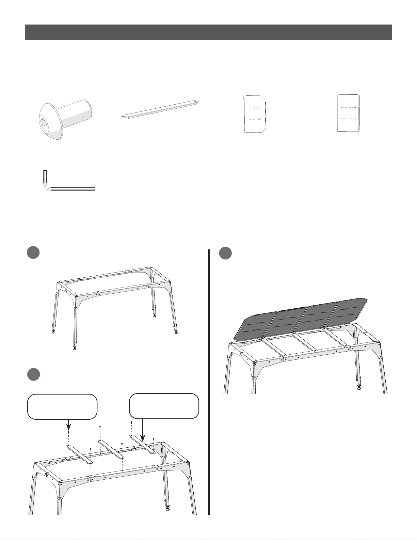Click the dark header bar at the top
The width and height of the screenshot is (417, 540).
[x=208, y=32]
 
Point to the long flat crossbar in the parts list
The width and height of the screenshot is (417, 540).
[x=160, y=109]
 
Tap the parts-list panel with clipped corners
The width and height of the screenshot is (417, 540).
[x=255, y=114]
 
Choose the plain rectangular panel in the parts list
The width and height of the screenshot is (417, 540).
[x=348, y=113]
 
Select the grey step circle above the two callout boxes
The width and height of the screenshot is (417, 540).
[x=34, y=374]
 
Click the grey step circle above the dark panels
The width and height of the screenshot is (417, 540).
[x=225, y=253]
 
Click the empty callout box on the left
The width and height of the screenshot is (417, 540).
[x=62, y=406]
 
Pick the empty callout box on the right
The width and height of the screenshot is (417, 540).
[x=164, y=406]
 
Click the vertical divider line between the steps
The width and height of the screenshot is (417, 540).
[x=209, y=382]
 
